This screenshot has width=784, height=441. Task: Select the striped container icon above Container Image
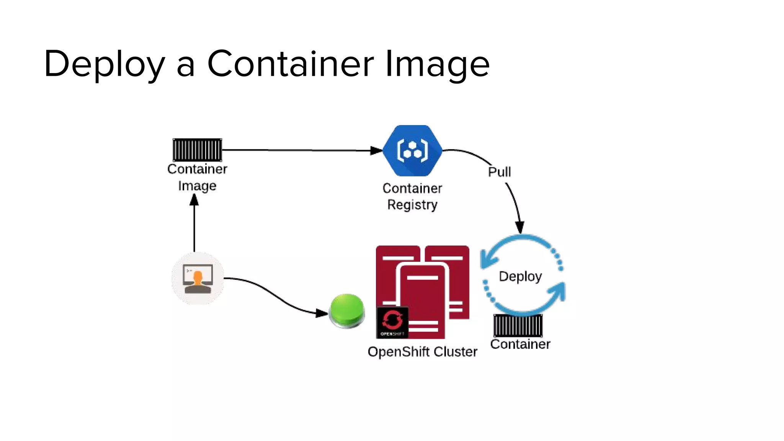[x=197, y=150]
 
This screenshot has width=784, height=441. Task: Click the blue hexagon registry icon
[x=412, y=150]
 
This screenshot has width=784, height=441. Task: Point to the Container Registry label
[x=412, y=196]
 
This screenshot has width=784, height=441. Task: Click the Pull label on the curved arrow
[x=499, y=172]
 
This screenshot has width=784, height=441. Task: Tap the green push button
[x=347, y=310]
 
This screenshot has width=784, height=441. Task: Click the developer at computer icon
[x=198, y=278]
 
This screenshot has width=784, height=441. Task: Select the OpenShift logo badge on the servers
[x=392, y=323]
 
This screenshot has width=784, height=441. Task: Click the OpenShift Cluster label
[x=422, y=351]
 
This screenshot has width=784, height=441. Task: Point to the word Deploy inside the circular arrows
[x=520, y=276]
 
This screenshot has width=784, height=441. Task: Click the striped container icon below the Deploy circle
[x=518, y=325]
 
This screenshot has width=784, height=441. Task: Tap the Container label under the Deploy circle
[x=520, y=344]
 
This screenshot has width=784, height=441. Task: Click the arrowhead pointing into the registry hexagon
[x=376, y=151]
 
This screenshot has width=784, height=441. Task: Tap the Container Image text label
[x=197, y=177]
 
